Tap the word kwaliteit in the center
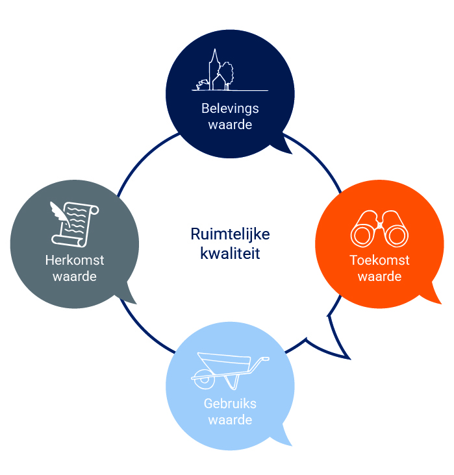pos(230,252)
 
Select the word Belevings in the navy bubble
pos(230,108)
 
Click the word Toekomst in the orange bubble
pos(379,260)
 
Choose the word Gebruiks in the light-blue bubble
pos(230,404)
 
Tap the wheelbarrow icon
pos(229,371)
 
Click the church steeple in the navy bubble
pos(213,62)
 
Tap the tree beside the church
pos(227,72)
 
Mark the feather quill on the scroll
pos(60,212)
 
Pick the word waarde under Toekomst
pos(379,276)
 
